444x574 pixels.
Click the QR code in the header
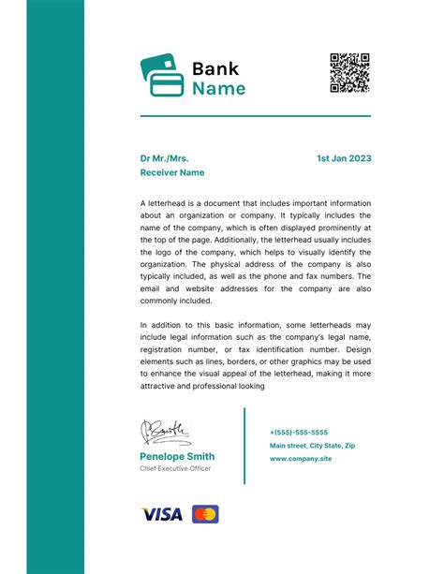click(x=349, y=73)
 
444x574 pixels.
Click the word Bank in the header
click(x=215, y=68)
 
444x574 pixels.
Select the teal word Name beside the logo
click(x=219, y=89)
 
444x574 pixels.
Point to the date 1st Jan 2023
click(x=344, y=158)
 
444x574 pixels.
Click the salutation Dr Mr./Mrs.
click(x=170, y=158)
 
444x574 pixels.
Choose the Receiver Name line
click(x=172, y=173)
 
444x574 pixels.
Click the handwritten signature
click(x=167, y=432)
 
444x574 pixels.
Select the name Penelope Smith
click(x=177, y=456)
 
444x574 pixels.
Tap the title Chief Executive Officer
click(x=175, y=469)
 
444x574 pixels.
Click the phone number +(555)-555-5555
click(x=299, y=433)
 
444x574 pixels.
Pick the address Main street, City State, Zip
click(x=312, y=446)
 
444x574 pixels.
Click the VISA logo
click(x=161, y=514)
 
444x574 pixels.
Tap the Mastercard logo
click(x=205, y=514)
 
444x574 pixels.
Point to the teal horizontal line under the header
click(x=255, y=116)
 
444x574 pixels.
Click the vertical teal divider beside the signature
click(x=244, y=445)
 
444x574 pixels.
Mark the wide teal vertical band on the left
click(x=55, y=287)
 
